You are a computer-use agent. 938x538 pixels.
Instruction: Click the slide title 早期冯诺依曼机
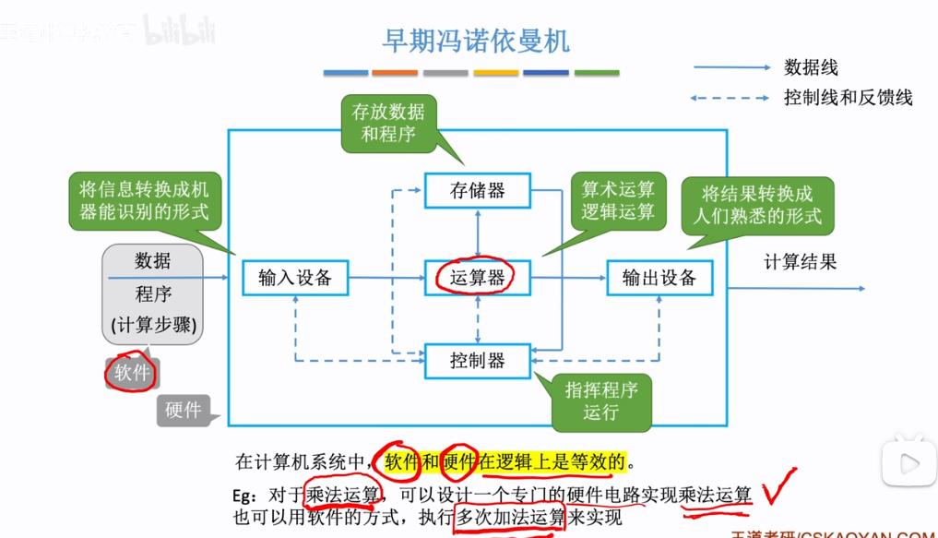point(476,41)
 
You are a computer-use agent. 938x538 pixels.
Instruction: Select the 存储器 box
point(477,191)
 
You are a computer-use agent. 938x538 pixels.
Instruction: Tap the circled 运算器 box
point(477,277)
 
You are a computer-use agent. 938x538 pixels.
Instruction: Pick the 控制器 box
point(477,361)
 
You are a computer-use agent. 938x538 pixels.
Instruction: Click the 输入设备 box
point(295,277)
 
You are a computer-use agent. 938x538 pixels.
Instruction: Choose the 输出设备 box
point(659,277)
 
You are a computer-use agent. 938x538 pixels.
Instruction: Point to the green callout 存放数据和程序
point(388,123)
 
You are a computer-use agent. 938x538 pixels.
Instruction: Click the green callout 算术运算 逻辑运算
point(617,200)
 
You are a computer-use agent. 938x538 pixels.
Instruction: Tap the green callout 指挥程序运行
point(600,401)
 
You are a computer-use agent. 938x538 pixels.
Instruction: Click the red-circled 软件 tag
point(132,372)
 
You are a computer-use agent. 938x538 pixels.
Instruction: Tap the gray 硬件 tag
point(184,410)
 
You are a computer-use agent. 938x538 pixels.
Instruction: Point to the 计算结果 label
point(800,262)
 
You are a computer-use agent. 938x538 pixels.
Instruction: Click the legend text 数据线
point(811,67)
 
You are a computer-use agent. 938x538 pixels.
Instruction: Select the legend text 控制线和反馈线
point(848,97)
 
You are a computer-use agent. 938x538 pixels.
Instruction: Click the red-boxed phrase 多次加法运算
point(510,517)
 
